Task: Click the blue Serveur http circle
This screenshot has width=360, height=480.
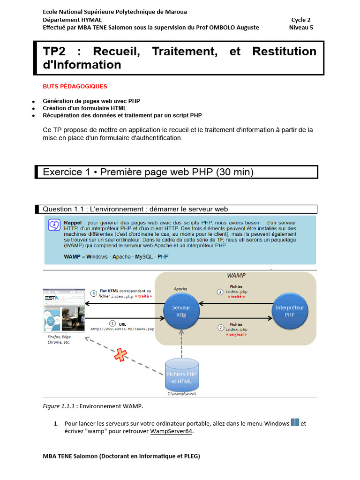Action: pos(181,311)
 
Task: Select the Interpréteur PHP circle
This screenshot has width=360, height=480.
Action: pos(290,311)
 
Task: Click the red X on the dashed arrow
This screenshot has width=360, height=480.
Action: pos(120,355)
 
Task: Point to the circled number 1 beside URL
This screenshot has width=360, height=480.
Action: pos(112,323)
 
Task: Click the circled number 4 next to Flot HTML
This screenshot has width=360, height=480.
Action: pos(94,293)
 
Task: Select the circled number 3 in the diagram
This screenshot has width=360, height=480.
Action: pos(220,292)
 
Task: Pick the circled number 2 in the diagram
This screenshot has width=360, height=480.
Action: pos(220,328)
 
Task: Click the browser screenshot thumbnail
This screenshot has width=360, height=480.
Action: pos(64,311)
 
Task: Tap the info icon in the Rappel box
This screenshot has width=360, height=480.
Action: pos(54,225)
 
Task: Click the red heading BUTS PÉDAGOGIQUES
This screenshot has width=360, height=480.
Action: pos(75,86)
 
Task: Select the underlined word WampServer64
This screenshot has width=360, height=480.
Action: pos(171,431)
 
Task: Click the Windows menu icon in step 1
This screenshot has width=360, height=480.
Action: pos(295,423)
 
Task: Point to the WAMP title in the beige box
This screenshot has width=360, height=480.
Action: pos(236,276)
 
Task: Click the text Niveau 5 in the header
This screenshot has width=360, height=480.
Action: pos(301,27)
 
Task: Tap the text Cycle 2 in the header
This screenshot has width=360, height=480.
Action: pos(301,20)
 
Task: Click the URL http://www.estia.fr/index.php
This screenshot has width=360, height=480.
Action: pos(122,329)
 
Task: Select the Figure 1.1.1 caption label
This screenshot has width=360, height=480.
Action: pos(59,406)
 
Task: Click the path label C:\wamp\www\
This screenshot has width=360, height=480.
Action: pos(181,394)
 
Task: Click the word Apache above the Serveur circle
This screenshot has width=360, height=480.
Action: pos(180,289)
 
